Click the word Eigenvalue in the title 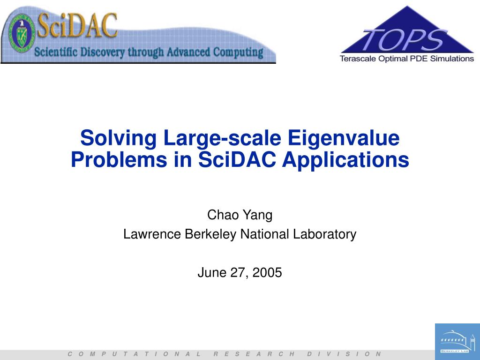(x=343, y=138)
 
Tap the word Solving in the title (x=119, y=138)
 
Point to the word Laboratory (x=325, y=234)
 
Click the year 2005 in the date (x=267, y=272)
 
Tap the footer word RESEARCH (x=254, y=354)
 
